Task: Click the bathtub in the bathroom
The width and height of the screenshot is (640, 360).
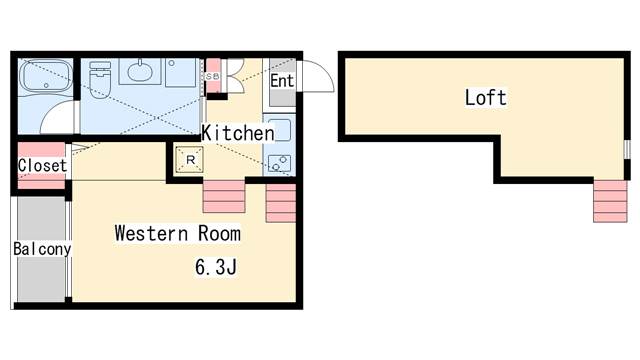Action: (46, 78)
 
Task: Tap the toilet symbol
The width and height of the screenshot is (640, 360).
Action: (100, 76)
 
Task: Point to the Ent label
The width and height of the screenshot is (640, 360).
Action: (281, 80)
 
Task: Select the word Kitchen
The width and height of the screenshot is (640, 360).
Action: (238, 133)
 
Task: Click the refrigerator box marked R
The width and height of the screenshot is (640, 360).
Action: (190, 159)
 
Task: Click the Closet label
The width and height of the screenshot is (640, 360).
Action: (43, 165)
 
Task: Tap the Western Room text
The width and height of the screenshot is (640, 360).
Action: (177, 234)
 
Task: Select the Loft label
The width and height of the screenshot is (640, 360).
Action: (485, 98)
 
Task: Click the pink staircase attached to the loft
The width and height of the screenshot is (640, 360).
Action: (609, 200)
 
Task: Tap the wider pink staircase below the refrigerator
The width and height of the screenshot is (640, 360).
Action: (223, 197)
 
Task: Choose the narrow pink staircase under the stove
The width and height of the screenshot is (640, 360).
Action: (281, 204)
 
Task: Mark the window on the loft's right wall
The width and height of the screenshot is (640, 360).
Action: (626, 150)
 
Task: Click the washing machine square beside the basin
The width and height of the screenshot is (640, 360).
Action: (181, 72)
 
